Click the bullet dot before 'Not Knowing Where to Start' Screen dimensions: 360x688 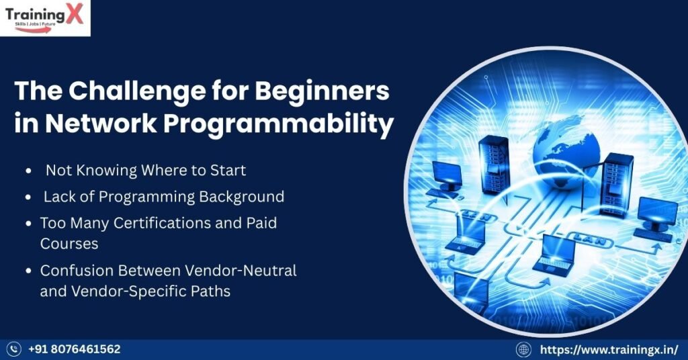click(28, 171)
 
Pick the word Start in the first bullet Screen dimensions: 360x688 click(226, 171)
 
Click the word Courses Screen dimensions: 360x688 click(69, 243)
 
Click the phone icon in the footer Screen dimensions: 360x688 click(14, 349)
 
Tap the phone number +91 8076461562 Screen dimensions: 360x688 click(74, 349)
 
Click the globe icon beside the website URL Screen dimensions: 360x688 click(523, 349)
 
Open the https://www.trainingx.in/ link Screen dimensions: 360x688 click(609, 349)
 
